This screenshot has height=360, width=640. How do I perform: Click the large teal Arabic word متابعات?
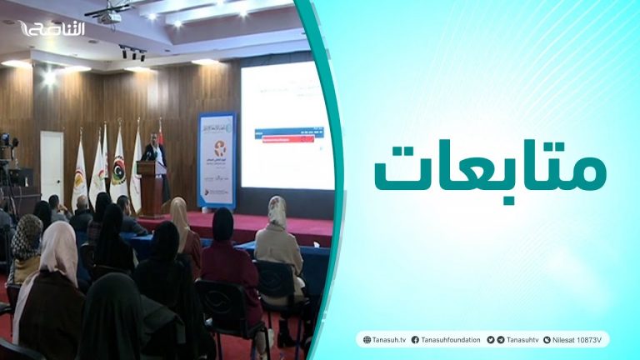pos(489,169)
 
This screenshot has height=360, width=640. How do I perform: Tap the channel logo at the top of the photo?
pos(52,29)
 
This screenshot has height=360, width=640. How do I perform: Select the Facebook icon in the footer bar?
pos(415,339)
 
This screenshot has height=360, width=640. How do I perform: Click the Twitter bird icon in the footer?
pos(491,339)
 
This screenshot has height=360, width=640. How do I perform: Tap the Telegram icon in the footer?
pos(501,339)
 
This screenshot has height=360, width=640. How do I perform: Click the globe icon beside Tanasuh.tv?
pos(365,339)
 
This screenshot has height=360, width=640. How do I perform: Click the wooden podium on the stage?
pos(151,187)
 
